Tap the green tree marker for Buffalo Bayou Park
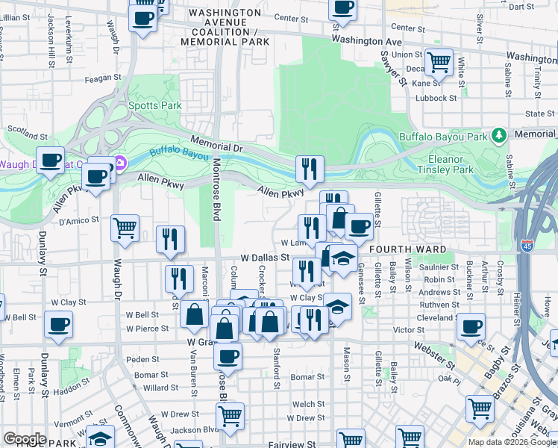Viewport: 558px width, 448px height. [499, 136]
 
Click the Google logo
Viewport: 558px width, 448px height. [24, 439]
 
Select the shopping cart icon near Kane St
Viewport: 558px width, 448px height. [439, 63]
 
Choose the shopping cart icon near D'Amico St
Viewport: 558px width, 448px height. [125, 228]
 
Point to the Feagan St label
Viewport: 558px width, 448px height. [103, 78]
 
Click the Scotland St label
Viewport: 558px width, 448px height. [28, 134]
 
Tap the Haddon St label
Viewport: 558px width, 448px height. [72, 382]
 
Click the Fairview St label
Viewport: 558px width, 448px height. [292, 444]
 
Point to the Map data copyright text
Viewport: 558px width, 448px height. [511, 442]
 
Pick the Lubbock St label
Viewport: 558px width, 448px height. [436, 98]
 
